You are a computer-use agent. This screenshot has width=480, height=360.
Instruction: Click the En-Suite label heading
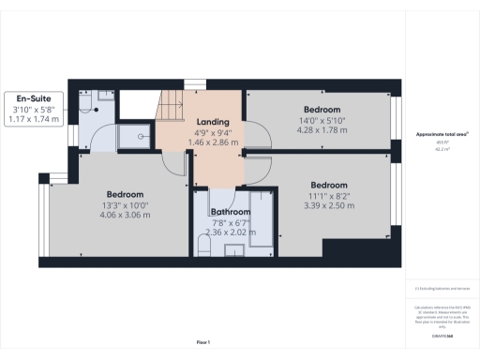click(34, 97)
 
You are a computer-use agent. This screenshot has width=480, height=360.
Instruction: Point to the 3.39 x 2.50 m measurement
click(329, 205)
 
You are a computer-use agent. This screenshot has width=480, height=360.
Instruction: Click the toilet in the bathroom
click(203, 247)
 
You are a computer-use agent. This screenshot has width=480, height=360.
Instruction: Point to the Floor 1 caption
click(203, 341)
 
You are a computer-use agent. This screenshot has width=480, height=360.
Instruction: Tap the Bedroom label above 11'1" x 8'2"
click(329, 185)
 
